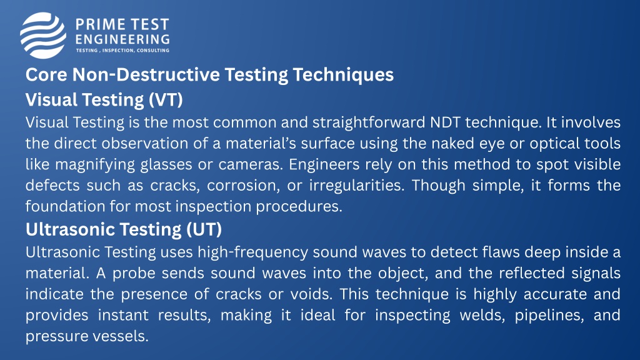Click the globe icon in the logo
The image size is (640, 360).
click(x=43, y=35)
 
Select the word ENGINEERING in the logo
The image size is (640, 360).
click(x=122, y=39)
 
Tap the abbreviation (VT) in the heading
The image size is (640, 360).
click(x=166, y=100)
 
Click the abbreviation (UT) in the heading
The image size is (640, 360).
click(x=204, y=229)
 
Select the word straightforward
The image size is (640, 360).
click(x=369, y=123)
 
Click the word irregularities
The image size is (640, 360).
click(x=356, y=186)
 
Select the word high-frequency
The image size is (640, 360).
click(x=252, y=252)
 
